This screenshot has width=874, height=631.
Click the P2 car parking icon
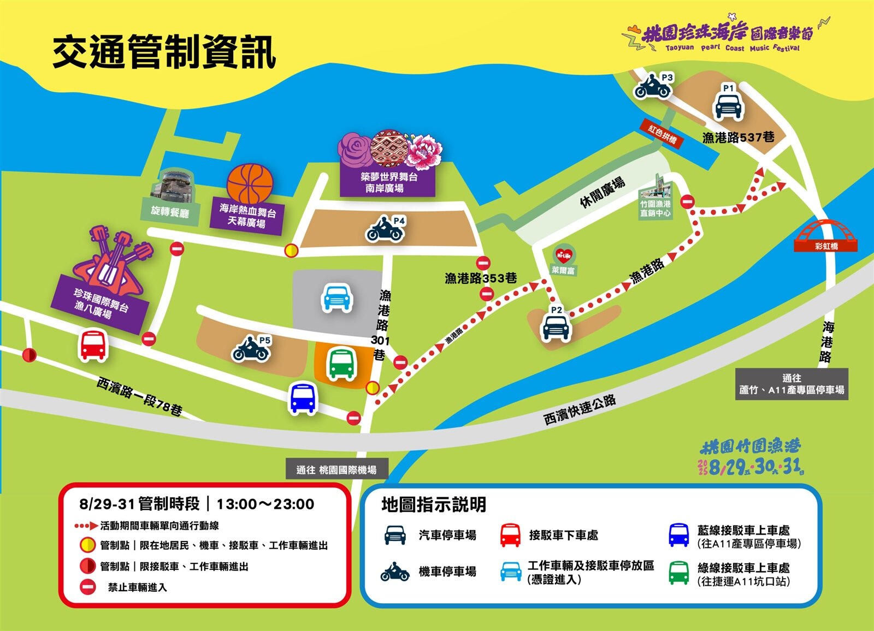(556, 327)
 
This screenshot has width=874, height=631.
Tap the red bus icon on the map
(93, 345)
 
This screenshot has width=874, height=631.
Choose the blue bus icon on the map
(303, 398)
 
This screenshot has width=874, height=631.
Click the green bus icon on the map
(342, 364)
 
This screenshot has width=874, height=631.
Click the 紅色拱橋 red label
(662, 133)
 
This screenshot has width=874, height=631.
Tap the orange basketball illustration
(250, 183)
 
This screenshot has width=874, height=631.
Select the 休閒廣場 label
(602, 192)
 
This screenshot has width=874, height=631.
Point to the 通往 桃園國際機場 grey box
(336, 469)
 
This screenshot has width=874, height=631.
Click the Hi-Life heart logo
(564, 255)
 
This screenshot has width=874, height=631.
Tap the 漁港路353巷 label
(480, 278)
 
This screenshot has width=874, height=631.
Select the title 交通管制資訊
(164, 52)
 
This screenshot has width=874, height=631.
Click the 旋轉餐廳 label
(170, 212)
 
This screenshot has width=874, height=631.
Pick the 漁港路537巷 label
(738, 137)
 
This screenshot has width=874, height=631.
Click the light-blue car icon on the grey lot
(336, 297)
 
